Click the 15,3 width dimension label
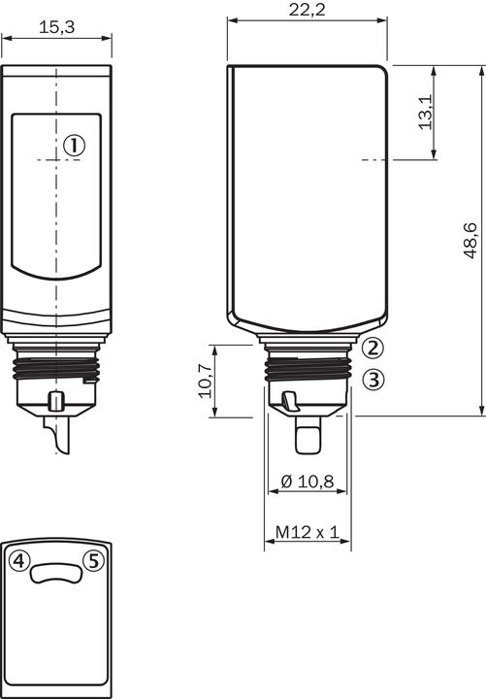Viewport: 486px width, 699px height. (56, 27)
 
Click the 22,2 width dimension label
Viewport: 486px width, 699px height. (307, 10)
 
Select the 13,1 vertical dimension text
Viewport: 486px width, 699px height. (426, 112)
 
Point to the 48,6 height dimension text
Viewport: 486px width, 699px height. (470, 241)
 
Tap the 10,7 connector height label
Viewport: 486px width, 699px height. (205, 381)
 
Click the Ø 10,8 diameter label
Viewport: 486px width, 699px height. (308, 482)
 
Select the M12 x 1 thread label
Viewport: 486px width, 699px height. (308, 532)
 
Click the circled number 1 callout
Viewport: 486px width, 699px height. (74, 146)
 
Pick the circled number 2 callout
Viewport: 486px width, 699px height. (373, 348)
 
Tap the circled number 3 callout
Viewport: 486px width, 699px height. (373, 380)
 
